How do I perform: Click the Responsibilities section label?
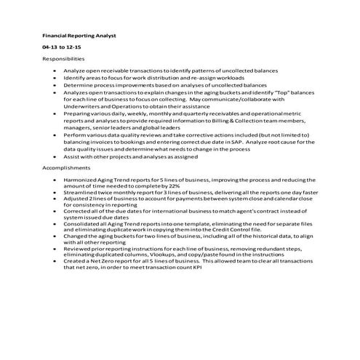coord(63,57)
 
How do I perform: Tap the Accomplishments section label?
coord(65,167)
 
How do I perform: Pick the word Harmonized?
coord(80,179)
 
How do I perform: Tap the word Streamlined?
coord(80,191)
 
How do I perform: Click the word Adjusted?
coord(76,198)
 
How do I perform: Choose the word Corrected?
coord(77,210)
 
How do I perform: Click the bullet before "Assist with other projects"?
coord(57,156)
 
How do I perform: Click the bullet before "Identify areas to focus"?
coord(57,77)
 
